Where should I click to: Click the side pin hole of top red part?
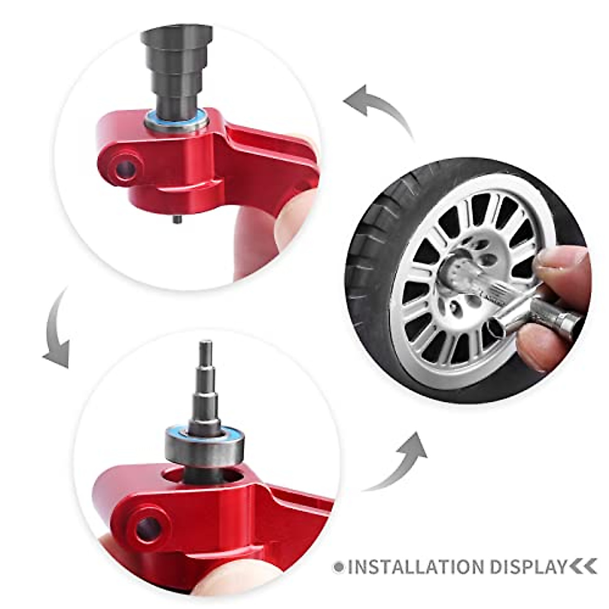124,170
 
